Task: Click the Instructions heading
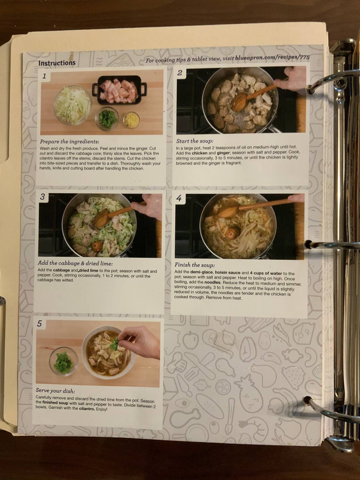tap(57, 63)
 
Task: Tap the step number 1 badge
tap(44, 76)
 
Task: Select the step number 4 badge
tap(179, 198)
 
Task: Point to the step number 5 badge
tap(39, 324)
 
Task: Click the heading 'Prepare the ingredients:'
tap(69, 141)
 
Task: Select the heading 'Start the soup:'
tap(195, 141)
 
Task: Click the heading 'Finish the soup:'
tap(195, 265)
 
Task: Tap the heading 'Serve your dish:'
tap(55, 391)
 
